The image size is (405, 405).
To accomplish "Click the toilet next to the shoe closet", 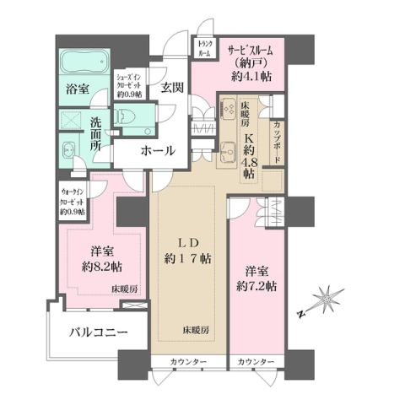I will pos(129,115).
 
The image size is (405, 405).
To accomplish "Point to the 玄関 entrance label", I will pos(173,87).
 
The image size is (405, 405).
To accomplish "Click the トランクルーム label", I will pos(204,48).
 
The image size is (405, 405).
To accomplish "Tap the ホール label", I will pos(159,151).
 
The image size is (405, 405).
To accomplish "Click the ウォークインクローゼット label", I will pos(74,201).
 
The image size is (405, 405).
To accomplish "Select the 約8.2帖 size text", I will pos(100,267).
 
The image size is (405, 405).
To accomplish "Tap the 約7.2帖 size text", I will pos(259,286).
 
